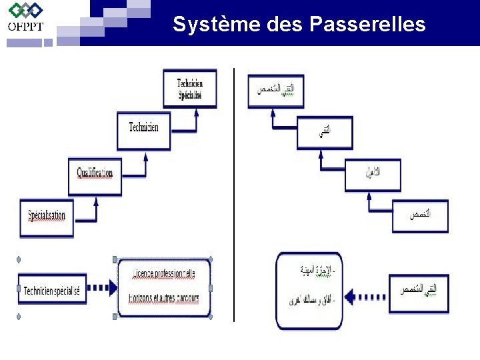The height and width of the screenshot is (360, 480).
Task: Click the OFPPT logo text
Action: point(25,26)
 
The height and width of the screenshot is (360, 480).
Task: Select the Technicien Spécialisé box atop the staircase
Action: point(190,89)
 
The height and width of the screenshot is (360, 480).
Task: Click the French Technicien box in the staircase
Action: point(144,131)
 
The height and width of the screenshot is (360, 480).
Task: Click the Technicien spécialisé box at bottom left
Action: point(52,290)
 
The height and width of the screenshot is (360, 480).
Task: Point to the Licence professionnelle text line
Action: point(165,273)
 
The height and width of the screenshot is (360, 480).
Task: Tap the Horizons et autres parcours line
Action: point(165,299)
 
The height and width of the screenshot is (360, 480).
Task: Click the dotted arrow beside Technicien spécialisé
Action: point(101,289)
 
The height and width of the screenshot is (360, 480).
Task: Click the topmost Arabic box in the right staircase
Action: point(275,91)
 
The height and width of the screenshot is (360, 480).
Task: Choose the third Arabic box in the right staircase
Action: point(373,175)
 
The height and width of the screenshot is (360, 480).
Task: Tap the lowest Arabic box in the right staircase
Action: point(420,216)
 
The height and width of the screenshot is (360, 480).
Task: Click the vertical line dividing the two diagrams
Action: point(234,193)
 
